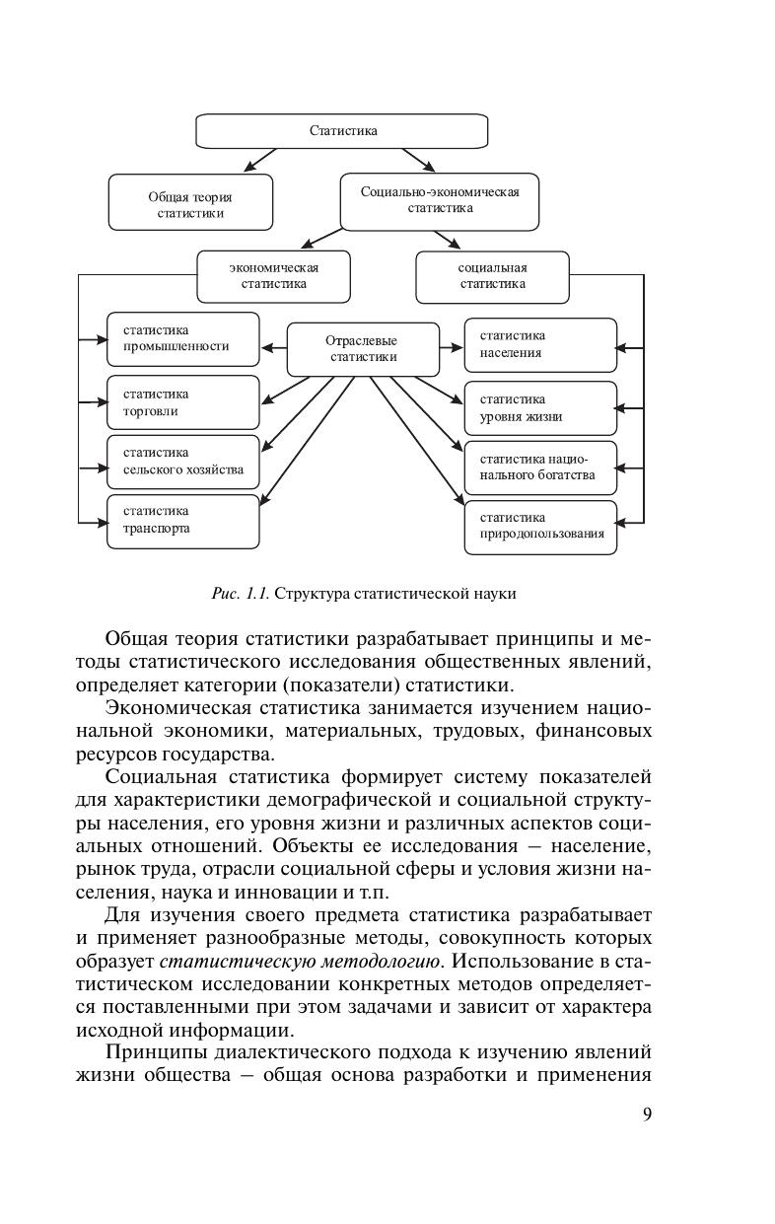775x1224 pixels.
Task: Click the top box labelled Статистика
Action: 342,130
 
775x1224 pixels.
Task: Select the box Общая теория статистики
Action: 190,204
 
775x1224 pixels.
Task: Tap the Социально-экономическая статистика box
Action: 440,199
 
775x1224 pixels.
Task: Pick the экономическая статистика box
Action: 274,275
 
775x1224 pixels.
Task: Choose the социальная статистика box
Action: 492,275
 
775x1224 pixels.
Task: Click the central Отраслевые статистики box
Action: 363,348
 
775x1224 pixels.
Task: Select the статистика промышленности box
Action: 182,338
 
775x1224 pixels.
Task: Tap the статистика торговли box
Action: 182,401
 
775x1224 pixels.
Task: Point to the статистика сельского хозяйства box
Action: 182,461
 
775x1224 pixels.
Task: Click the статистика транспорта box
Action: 182,520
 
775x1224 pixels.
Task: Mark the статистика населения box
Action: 540,344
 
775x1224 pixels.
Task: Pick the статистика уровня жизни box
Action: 540,407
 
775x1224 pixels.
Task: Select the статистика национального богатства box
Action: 540,467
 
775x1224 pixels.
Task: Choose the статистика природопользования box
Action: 540,526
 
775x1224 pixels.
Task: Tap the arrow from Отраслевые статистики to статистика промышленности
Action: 273,347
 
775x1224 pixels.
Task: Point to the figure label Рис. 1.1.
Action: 241,594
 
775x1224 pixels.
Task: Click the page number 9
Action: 647,1115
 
